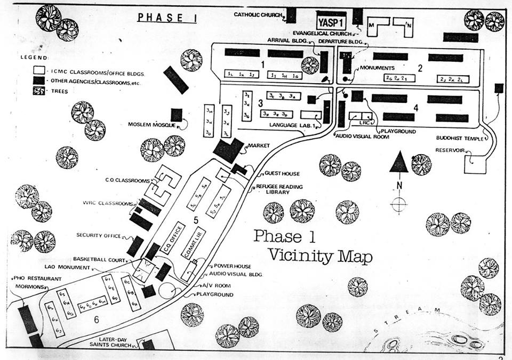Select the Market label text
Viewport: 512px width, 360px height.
coord(257,146)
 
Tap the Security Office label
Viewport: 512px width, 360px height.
coord(97,235)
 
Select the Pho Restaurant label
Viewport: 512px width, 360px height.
coord(35,279)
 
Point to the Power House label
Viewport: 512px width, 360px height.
coord(232,266)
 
